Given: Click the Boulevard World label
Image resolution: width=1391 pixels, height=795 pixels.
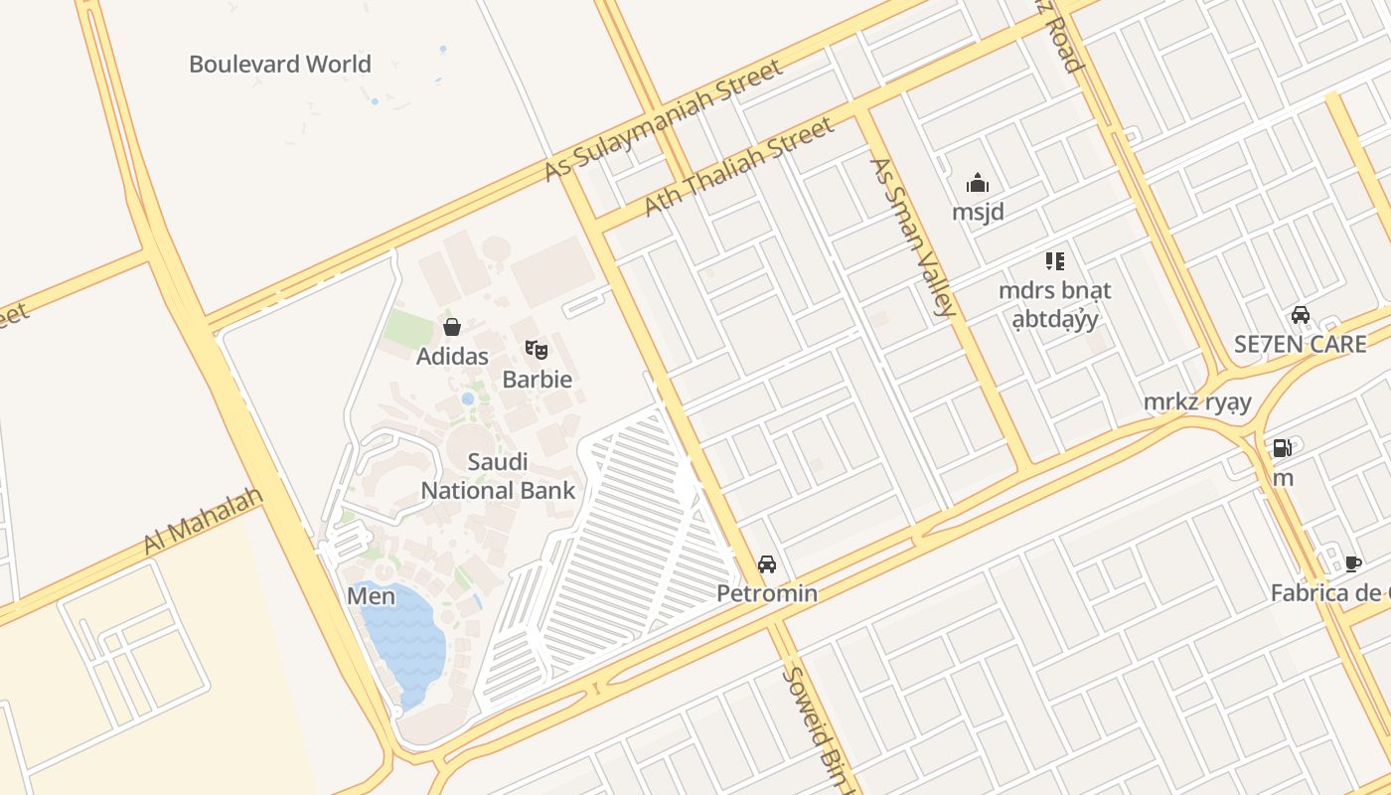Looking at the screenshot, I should [x=280, y=65].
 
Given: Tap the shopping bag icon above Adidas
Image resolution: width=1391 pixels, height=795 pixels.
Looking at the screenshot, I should [x=452, y=327].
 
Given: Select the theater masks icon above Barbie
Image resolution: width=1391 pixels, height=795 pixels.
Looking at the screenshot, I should [x=537, y=349].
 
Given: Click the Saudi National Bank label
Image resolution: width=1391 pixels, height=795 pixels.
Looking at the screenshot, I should [x=498, y=476].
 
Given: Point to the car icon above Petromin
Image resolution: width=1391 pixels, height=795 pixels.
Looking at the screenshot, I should [x=767, y=564].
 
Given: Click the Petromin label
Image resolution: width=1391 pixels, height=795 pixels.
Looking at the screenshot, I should [x=767, y=593].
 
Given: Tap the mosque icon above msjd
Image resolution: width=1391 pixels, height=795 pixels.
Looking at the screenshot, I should [x=978, y=183].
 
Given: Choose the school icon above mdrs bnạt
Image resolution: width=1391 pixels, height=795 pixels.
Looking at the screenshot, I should [x=1054, y=261].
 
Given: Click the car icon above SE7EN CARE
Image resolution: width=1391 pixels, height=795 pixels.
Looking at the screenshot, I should [x=1300, y=315].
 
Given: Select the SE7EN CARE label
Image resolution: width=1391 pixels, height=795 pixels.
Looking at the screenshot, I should [x=1300, y=344].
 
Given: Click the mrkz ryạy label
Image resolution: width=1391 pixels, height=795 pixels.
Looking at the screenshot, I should [x=1196, y=402].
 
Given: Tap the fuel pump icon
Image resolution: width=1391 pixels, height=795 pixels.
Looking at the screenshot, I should [x=1283, y=448].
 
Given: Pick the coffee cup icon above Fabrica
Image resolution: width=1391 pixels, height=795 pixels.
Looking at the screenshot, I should [x=1352, y=563].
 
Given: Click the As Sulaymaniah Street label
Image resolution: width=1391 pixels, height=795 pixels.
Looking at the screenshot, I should [x=663, y=121].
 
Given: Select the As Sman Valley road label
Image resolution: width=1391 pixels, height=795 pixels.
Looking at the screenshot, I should [x=912, y=237].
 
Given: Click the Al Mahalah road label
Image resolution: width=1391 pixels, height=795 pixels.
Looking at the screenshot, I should [x=203, y=521].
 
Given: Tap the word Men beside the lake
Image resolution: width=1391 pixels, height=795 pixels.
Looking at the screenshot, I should [x=371, y=596].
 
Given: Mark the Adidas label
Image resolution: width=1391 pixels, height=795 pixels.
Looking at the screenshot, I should [x=452, y=356].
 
